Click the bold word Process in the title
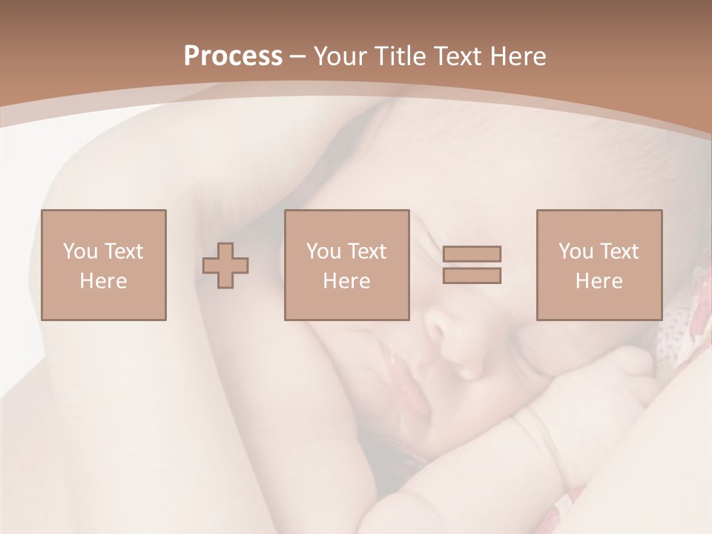233,56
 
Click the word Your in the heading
338,56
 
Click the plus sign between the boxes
225,266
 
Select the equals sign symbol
472,265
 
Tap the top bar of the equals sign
472,254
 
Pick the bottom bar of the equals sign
472,276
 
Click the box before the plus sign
104,265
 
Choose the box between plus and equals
346,265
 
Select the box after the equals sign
599,265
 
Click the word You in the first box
80,251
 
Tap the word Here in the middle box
346,281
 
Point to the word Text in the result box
619,251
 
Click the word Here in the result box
599,281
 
